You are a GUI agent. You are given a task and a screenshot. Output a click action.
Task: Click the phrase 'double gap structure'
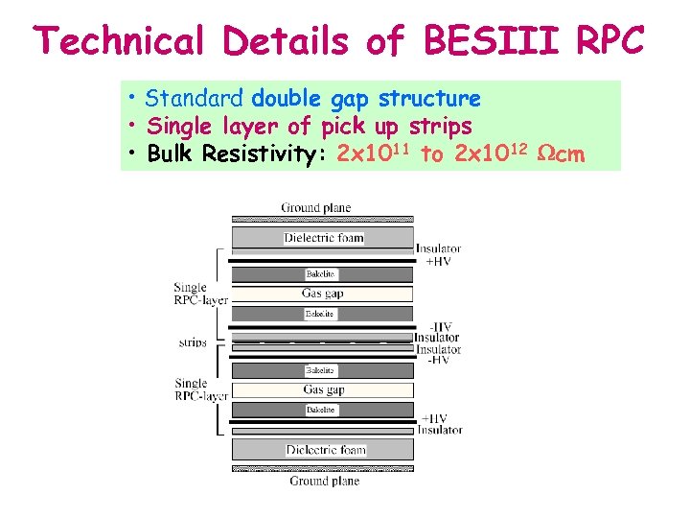(366, 99)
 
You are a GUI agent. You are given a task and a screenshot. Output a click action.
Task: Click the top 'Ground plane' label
(316, 207)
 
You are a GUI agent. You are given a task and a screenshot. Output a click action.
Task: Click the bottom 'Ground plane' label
(325, 481)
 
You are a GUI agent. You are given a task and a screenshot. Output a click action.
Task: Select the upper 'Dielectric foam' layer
(324, 238)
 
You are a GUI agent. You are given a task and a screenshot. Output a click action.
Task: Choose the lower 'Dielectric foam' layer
(324, 449)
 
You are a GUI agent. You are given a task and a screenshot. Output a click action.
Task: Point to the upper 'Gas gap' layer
(324, 294)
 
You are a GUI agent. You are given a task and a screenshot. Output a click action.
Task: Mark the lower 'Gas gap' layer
(324, 389)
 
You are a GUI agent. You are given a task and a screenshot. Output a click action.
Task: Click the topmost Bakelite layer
(320, 274)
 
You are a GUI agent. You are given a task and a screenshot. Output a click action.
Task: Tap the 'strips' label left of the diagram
(193, 341)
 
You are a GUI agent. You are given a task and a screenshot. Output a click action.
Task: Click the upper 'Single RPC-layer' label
(200, 294)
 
